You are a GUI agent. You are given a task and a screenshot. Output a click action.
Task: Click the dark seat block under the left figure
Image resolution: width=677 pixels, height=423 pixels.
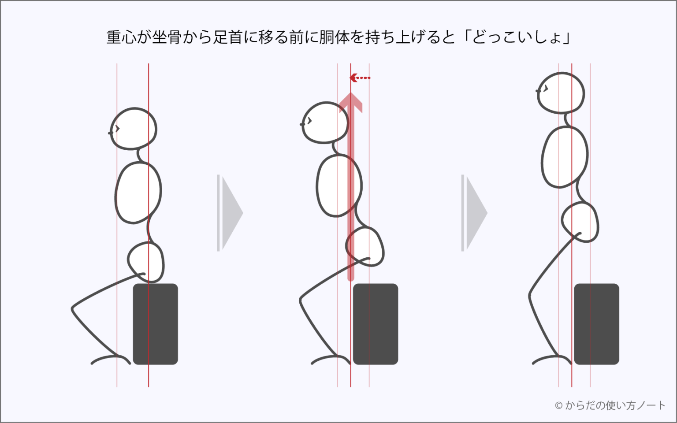pyautogui.click(x=155, y=324)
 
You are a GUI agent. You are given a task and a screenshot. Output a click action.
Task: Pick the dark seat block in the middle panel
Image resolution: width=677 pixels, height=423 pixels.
pyautogui.click(x=376, y=324)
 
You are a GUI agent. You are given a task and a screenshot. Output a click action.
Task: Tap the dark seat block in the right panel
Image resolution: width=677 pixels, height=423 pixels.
pyautogui.click(x=597, y=324)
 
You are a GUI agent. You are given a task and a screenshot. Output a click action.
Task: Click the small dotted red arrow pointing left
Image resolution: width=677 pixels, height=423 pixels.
pyautogui.click(x=360, y=78)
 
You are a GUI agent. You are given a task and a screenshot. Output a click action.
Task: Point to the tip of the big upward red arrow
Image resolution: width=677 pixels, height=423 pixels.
pyautogui.click(x=350, y=93)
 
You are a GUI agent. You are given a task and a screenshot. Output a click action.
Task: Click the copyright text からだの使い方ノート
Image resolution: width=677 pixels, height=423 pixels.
pyautogui.click(x=615, y=405)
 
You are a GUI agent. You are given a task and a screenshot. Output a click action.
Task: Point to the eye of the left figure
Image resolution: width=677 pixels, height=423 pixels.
pyautogui.click(x=117, y=129)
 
